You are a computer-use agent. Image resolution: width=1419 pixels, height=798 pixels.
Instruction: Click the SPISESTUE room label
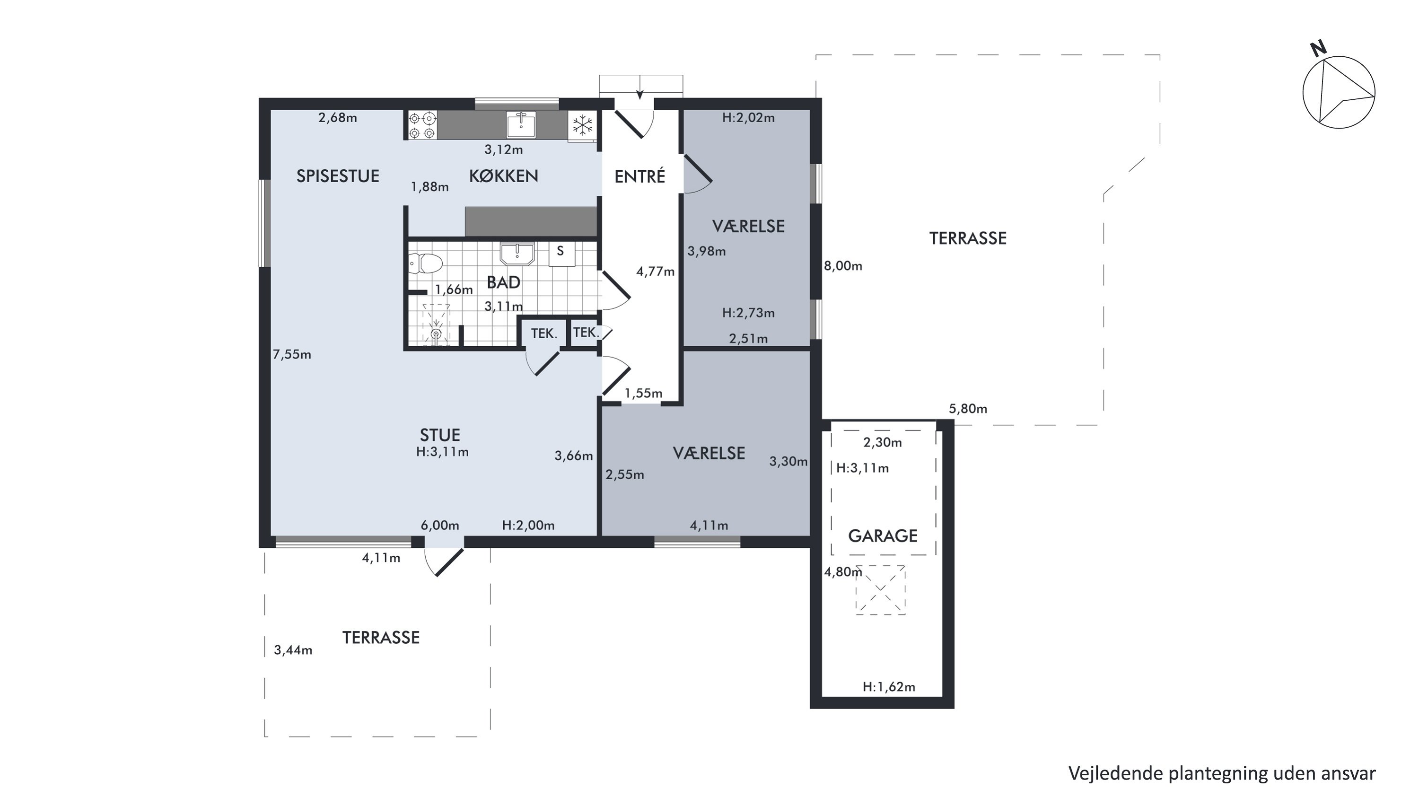tap(338, 176)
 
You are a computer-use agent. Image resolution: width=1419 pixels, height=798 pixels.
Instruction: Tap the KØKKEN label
tap(503, 176)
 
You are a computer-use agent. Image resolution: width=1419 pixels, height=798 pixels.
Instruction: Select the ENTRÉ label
tap(639, 176)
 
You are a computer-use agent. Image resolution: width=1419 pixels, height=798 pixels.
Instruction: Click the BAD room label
tap(503, 282)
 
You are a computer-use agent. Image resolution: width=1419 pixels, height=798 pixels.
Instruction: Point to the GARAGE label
tap(883, 536)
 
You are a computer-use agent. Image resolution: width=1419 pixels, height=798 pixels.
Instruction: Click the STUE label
tap(439, 436)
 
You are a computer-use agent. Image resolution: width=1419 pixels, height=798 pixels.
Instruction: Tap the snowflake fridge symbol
tap(582, 125)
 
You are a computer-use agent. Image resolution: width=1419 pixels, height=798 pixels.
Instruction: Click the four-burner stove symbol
tap(422, 125)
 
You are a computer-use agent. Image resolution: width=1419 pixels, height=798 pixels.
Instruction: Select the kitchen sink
tap(521, 124)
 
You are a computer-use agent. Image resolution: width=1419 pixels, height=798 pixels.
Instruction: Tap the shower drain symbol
tap(436, 334)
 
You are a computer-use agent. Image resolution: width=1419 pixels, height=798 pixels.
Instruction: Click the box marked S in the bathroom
tap(561, 254)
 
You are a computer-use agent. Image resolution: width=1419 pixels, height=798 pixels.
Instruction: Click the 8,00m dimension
tap(843, 266)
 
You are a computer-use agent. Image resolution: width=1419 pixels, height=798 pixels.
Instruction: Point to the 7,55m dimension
tap(292, 355)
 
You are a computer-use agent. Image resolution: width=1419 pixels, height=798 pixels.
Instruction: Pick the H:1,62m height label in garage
tap(888, 687)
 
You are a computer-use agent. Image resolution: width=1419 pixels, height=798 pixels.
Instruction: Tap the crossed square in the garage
tap(880, 590)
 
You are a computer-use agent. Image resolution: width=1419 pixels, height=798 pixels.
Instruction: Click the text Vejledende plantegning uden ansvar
tap(1222, 773)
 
